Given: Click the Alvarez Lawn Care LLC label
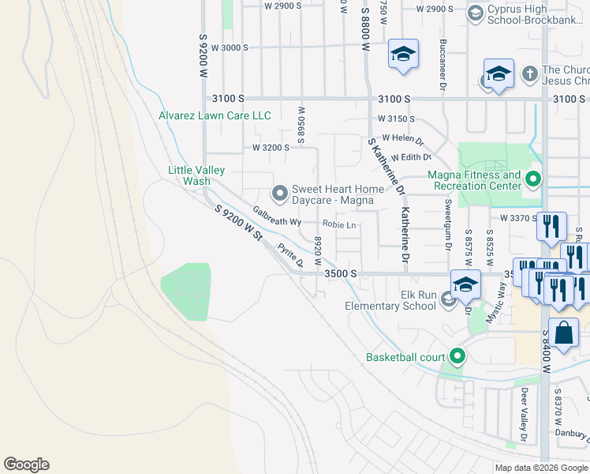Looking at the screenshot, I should (215, 116).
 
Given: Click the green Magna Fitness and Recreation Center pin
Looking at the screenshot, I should (533, 180).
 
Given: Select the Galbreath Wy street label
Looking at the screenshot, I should (277, 216).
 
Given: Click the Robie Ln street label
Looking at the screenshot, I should (340, 225).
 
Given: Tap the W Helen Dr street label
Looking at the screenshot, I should (402, 139).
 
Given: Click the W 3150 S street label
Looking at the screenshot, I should (396, 118).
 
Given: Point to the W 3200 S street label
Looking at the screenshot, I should (271, 148).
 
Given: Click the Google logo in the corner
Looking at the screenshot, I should (26, 465).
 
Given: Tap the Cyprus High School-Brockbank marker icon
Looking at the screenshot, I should (476, 13).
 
